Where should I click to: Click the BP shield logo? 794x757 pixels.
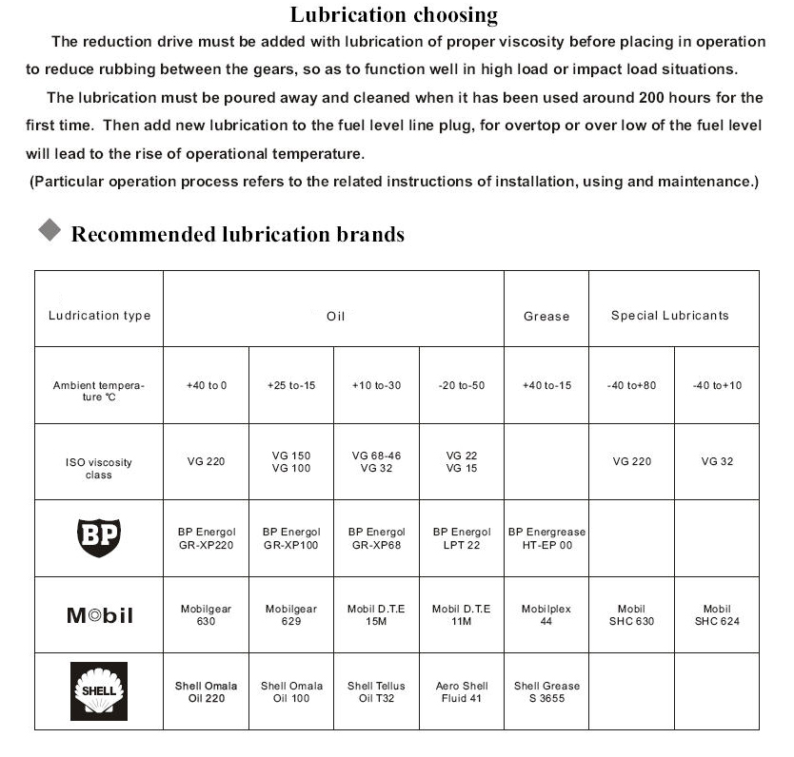[x=99, y=538]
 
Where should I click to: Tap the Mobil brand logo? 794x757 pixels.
[x=99, y=615]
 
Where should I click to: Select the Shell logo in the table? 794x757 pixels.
[x=99, y=691]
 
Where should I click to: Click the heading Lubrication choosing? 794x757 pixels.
[x=393, y=14]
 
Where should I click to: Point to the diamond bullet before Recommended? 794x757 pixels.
[x=49, y=231]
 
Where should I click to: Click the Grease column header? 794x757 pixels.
[x=546, y=316]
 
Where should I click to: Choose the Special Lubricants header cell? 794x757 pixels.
[x=670, y=316]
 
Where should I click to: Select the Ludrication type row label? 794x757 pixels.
[x=99, y=316]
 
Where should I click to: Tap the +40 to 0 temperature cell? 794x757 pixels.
[x=207, y=385]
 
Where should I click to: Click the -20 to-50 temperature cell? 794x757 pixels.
[x=462, y=385]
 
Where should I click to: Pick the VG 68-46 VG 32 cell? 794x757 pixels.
[x=376, y=462]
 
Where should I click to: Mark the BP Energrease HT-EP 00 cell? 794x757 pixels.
[x=546, y=538]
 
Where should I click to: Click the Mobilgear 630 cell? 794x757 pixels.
[x=207, y=615]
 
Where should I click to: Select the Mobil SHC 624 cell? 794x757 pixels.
[x=717, y=615]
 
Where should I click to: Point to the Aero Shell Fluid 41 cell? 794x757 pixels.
[x=462, y=691]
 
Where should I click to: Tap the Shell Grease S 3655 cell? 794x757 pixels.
[x=546, y=691]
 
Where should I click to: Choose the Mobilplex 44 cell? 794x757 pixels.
[x=546, y=615]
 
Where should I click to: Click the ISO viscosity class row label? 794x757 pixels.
[x=99, y=468]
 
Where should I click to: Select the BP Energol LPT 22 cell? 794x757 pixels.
[x=462, y=538]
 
